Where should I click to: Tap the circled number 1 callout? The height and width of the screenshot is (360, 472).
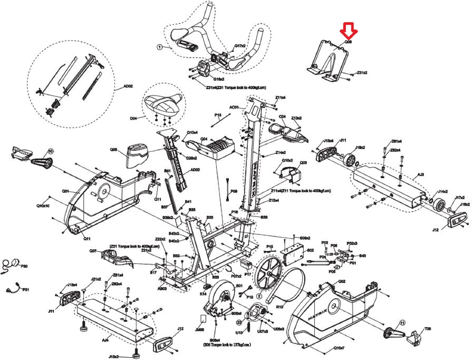[160, 47]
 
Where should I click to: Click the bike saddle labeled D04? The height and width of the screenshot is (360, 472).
[163, 105]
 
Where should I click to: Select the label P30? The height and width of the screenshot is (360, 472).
[24, 266]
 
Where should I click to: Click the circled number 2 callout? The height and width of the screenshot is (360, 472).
[259, 296]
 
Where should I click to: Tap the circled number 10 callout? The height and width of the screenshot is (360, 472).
[50, 151]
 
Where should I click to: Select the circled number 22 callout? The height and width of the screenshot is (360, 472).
[239, 322]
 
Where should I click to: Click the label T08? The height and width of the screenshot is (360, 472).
[428, 329]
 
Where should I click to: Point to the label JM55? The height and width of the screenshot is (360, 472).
[199, 330]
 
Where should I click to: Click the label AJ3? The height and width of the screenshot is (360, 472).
[421, 175]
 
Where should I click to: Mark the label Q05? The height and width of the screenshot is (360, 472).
[114, 150]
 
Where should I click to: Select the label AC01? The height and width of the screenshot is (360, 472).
[234, 107]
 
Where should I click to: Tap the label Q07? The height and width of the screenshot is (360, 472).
[93, 251]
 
